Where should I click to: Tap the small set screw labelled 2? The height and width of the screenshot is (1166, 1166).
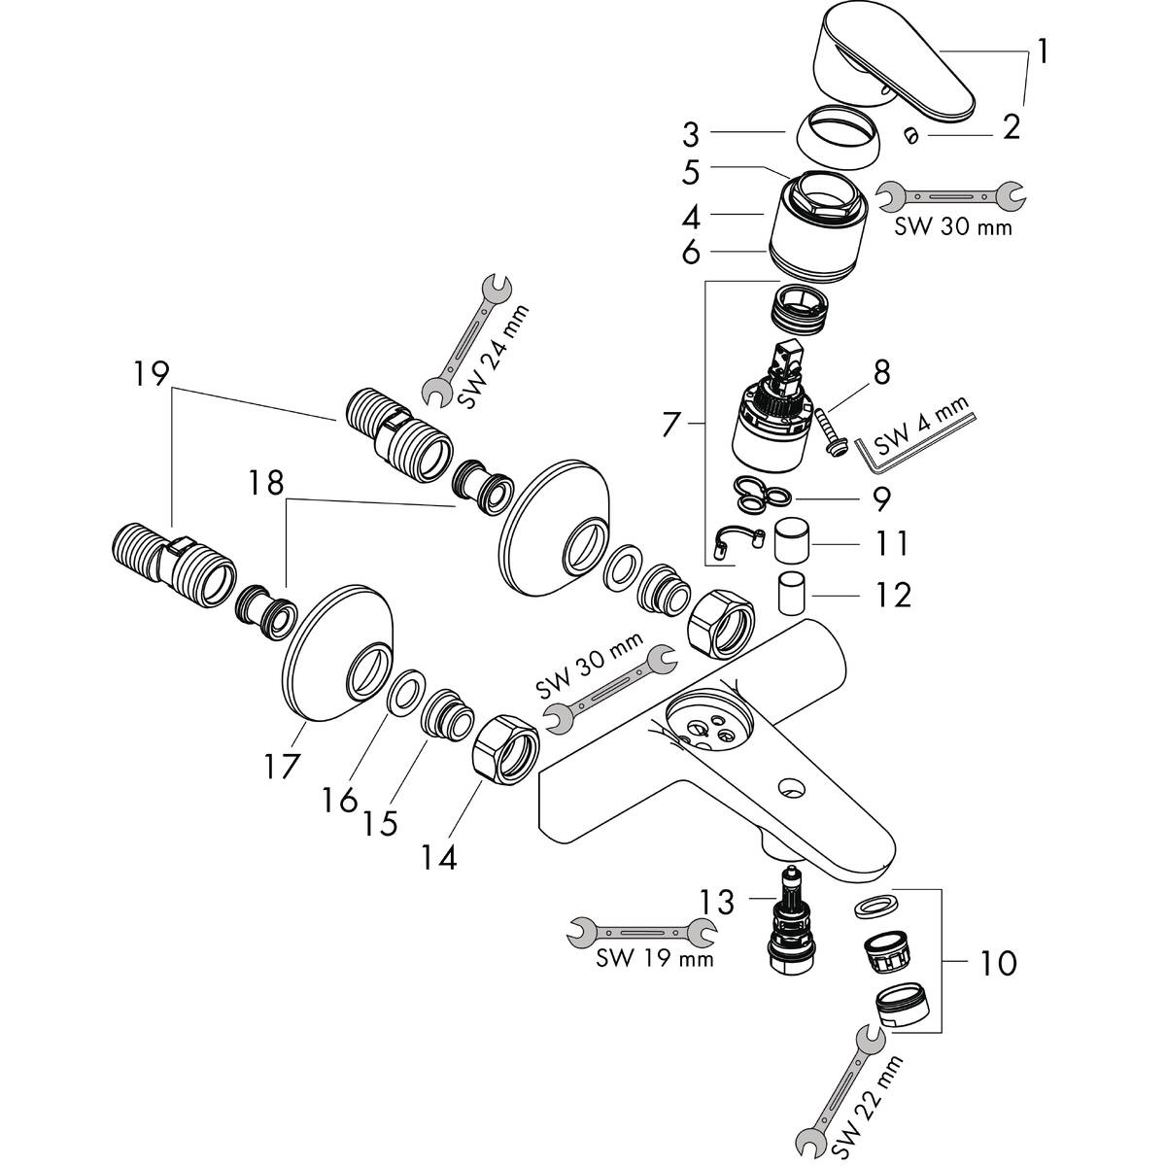[910, 135]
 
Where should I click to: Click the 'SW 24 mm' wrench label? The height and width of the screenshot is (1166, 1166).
[493, 357]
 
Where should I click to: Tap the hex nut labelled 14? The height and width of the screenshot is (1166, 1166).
[505, 750]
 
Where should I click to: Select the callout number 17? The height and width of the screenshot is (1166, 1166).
[282, 766]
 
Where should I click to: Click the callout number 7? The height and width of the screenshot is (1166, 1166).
[670, 425]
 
